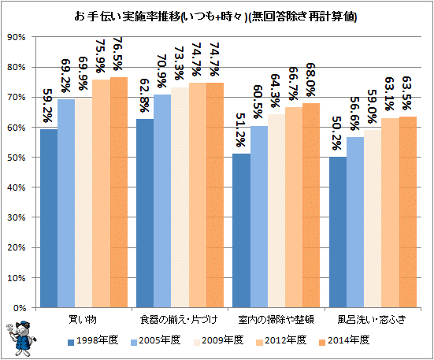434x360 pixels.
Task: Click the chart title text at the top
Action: [215, 17]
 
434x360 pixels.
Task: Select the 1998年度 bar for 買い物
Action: [49, 218]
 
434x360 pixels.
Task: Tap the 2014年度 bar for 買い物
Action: [119, 192]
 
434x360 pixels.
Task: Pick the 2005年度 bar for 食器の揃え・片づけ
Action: [162, 201]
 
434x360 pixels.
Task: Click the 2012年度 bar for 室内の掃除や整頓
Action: [294, 207]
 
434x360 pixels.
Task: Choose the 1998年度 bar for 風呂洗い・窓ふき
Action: [338, 232]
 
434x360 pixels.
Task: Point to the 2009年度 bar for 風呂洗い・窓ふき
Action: [373, 219]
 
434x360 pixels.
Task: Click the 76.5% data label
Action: [117, 54]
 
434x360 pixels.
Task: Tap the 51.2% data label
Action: [240, 130]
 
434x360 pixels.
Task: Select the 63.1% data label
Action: [389, 94]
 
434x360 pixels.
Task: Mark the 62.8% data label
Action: [144, 96]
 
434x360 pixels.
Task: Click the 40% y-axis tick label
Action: [17, 187]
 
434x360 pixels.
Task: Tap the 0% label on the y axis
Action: [20, 308]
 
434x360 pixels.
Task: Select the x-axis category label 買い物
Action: [83, 319]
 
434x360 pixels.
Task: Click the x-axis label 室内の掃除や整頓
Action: [276, 319]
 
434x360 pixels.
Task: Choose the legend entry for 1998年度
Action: [93, 340]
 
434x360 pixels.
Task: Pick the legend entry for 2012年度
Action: [281, 340]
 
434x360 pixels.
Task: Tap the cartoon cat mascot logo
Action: [21, 338]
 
